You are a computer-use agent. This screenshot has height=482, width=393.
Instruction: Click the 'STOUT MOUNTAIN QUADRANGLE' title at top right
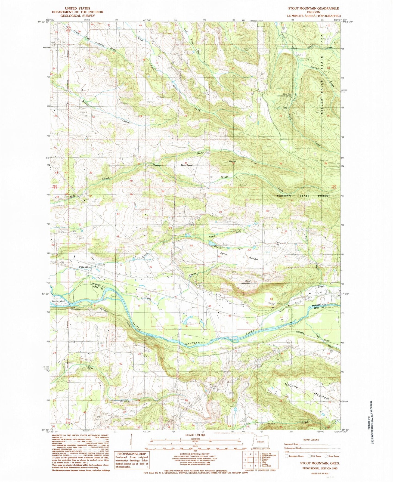(313, 8)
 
